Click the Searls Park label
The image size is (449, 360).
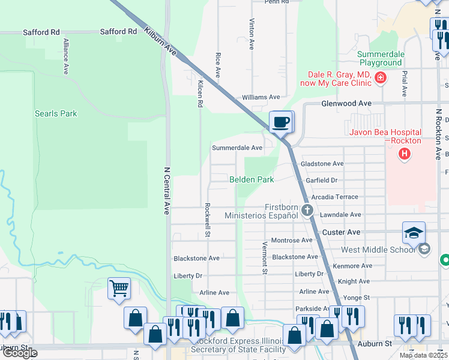pyautogui.click(x=56, y=113)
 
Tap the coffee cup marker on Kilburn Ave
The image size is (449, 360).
pyautogui.click(x=281, y=123)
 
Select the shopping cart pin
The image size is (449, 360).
pyautogui.click(x=119, y=288)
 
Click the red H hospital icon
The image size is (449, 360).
pyautogui.click(x=405, y=154)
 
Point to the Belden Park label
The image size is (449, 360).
pyautogui.click(x=252, y=179)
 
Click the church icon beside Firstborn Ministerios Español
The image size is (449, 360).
pyautogui.click(x=307, y=209)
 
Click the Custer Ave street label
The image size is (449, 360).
pyautogui.click(x=342, y=232)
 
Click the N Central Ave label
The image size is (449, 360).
pyautogui.click(x=166, y=191)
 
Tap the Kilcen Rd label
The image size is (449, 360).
pyautogui.click(x=200, y=94)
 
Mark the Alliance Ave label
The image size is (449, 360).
pyautogui.click(x=65, y=57)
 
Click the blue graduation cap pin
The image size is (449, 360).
pyautogui.click(x=414, y=233)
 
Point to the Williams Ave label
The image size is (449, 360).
pyautogui.click(x=261, y=97)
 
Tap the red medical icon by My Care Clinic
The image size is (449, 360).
pyautogui.click(x=379, y=77)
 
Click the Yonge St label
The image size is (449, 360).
pyautogui.click(x=357, y=297)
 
